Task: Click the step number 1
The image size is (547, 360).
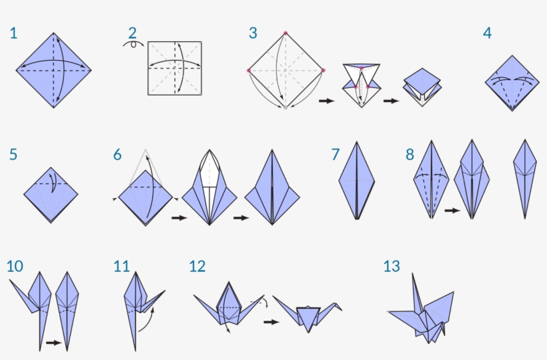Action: pyautogui.click(x=13, y=33)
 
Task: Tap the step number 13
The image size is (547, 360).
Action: pyautogui.click(x=392, y=267)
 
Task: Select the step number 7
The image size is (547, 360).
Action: pyautogui.click(x=336, y=155)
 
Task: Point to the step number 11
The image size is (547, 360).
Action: pyautogui.click(x=121, y=267)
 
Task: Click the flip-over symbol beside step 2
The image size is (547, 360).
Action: pyautogui.click(x=133, y=44)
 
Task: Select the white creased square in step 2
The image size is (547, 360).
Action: pyautogui.click(x=175, y=68)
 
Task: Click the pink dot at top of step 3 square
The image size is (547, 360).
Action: pyautogui.click(x=286, y=33)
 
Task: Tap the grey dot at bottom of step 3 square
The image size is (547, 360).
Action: pyautogui.click(x=286, y=107)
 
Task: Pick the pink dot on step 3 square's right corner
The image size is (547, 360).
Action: pyautogui.click(x=323, y=70)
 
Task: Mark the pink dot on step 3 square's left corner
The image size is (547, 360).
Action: pyautogui.click(x=248, y=70)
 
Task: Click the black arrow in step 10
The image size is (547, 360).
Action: pyautogui.click(x=53, y=343)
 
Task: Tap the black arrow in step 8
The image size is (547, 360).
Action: pyautogui.click(x=452, y=211)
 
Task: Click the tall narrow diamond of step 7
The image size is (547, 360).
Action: pyautogui.click(x=357, y=180)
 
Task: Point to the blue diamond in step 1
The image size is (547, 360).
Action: pyautogui.click(x=53, y=69)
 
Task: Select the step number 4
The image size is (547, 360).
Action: pyautogui.click(x=488, y=33)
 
